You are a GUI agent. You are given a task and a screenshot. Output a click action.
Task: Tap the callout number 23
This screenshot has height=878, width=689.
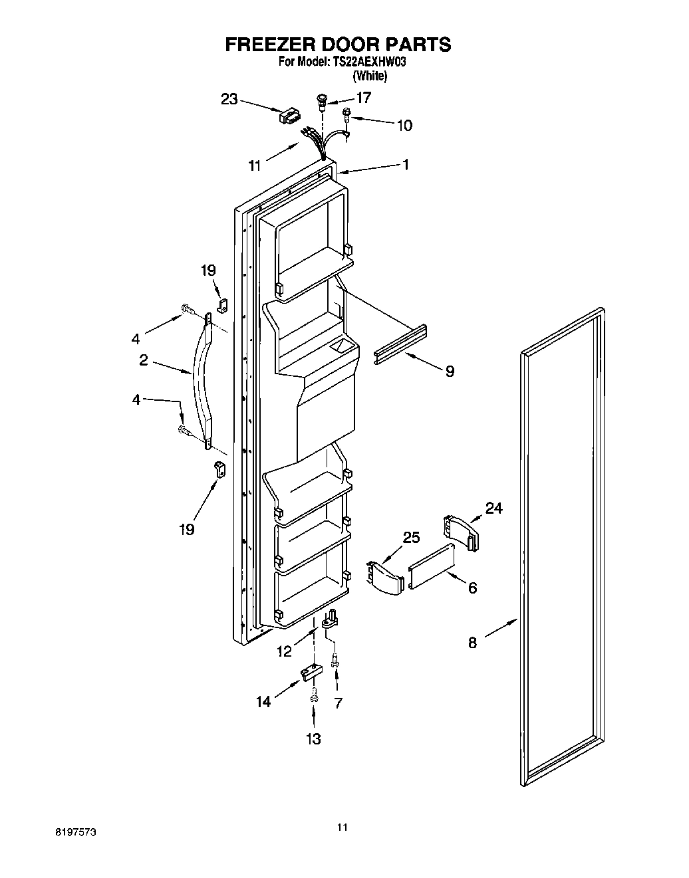229,99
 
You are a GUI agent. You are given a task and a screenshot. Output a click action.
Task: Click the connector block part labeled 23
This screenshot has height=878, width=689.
289,117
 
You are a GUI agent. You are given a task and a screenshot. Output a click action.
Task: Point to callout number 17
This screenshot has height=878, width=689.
363,97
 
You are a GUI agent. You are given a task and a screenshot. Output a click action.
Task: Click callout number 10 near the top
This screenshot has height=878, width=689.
404,125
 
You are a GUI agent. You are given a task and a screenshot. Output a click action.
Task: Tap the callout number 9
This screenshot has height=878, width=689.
450,372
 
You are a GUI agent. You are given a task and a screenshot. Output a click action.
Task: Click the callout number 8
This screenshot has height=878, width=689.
472,643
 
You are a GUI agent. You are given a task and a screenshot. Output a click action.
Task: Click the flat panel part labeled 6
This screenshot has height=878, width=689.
432,566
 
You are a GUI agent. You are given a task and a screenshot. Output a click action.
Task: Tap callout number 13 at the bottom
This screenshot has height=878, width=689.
313,738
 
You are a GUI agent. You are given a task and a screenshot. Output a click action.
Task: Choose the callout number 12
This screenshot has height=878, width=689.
284,651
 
